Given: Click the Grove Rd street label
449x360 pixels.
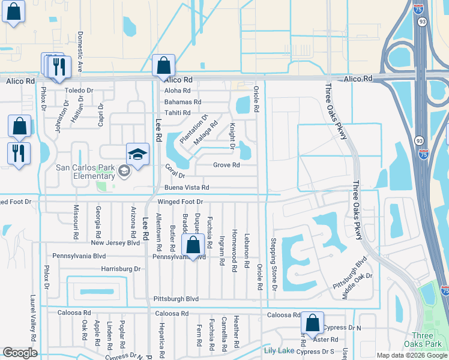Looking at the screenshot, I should [226, 165].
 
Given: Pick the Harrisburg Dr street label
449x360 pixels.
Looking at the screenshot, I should [121, 269].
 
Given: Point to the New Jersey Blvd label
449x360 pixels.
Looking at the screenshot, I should [115, 243].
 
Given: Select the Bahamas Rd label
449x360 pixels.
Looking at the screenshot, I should [182, 102].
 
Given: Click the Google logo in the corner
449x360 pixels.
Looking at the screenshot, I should [20, 353].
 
